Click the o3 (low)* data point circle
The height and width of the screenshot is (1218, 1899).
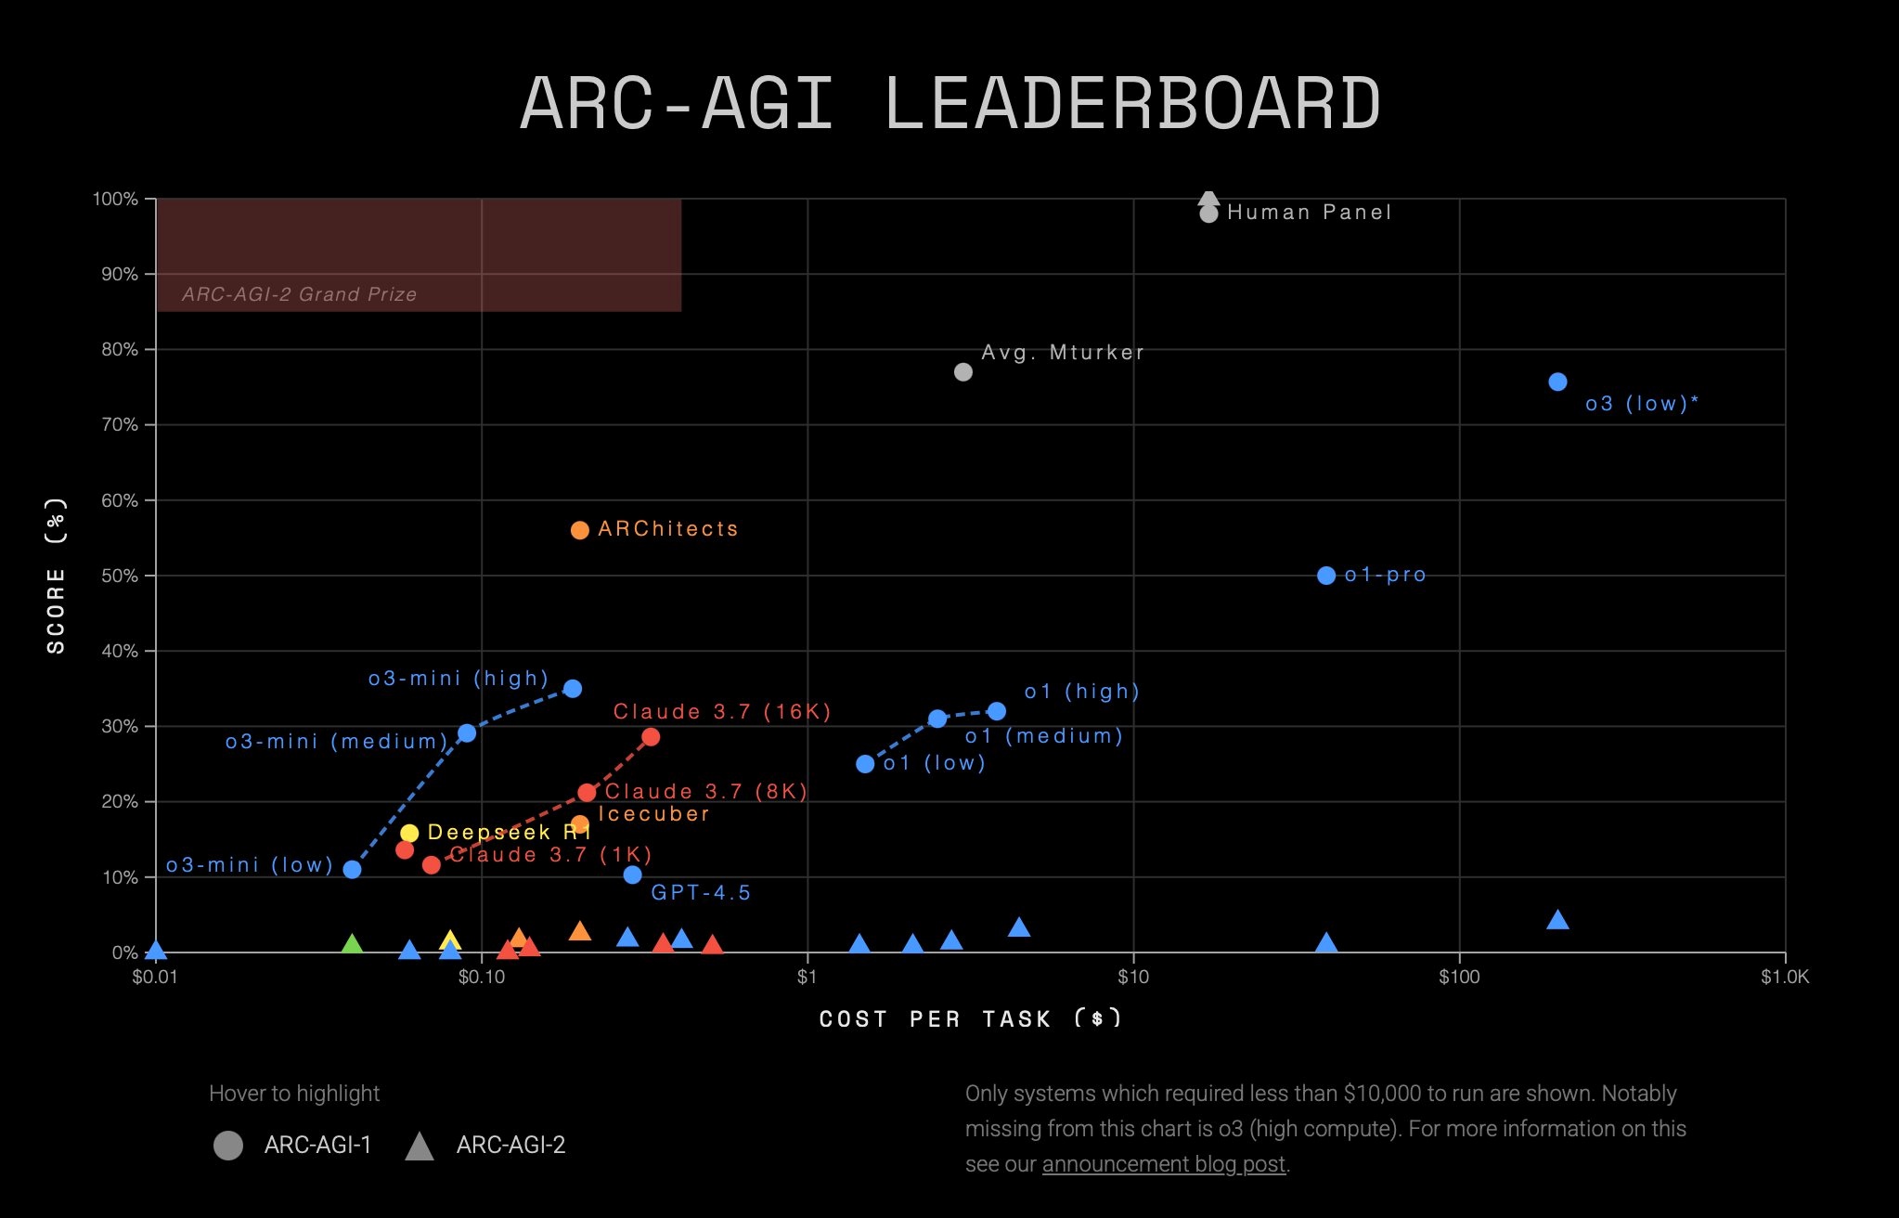[1557, 382]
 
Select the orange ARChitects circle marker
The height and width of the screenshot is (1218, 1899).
[579, 530]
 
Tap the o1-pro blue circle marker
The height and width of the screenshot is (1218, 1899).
[1326, 576]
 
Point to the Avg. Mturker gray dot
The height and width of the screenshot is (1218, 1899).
[963, 372]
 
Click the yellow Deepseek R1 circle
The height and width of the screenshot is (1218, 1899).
[409, 833]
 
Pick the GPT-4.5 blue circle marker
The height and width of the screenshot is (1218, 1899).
[632, 875]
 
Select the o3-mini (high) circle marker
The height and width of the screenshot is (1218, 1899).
[573, 689]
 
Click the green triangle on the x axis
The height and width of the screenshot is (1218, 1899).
[352, 945]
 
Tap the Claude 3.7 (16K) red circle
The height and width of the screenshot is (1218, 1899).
[651, 737]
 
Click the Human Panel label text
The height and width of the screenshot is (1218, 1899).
[1309, 213]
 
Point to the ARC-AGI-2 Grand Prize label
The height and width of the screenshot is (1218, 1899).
[299, 294]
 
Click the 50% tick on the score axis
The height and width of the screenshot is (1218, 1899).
[119, 576]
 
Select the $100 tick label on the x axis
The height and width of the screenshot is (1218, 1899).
[1458, 977]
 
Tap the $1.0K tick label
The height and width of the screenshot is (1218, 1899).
[1784, 977]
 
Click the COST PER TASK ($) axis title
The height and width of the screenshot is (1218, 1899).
[970, 1018]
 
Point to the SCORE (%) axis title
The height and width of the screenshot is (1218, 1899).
[56, 576]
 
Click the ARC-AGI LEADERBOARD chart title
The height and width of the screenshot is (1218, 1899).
[949, 103]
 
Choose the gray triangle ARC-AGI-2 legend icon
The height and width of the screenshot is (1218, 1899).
[420, 1147]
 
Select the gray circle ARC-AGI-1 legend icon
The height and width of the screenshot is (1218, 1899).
[228, 1146]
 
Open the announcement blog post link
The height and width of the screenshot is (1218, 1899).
[1163, 1164]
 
